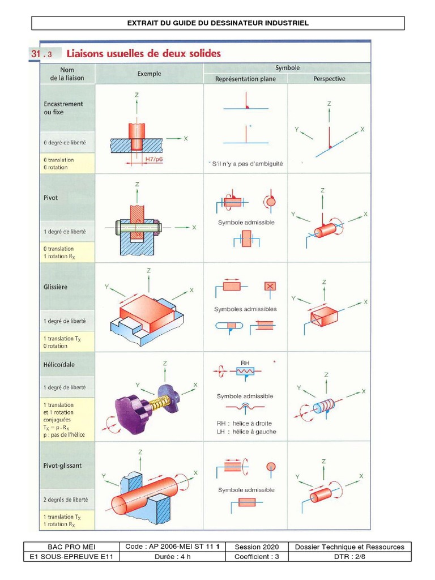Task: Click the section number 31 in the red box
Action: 37,54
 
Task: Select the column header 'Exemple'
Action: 149,74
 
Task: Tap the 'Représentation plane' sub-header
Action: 245,79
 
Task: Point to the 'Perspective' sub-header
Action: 329,79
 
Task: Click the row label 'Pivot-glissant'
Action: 62,466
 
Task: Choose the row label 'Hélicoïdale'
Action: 59,365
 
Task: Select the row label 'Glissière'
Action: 56,287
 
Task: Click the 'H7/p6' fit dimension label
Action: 153,160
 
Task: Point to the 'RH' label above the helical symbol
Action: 245,362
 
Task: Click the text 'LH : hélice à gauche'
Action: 246,432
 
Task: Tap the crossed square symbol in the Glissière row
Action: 270,287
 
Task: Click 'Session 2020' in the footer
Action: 257,547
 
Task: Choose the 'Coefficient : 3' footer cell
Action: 257,557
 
